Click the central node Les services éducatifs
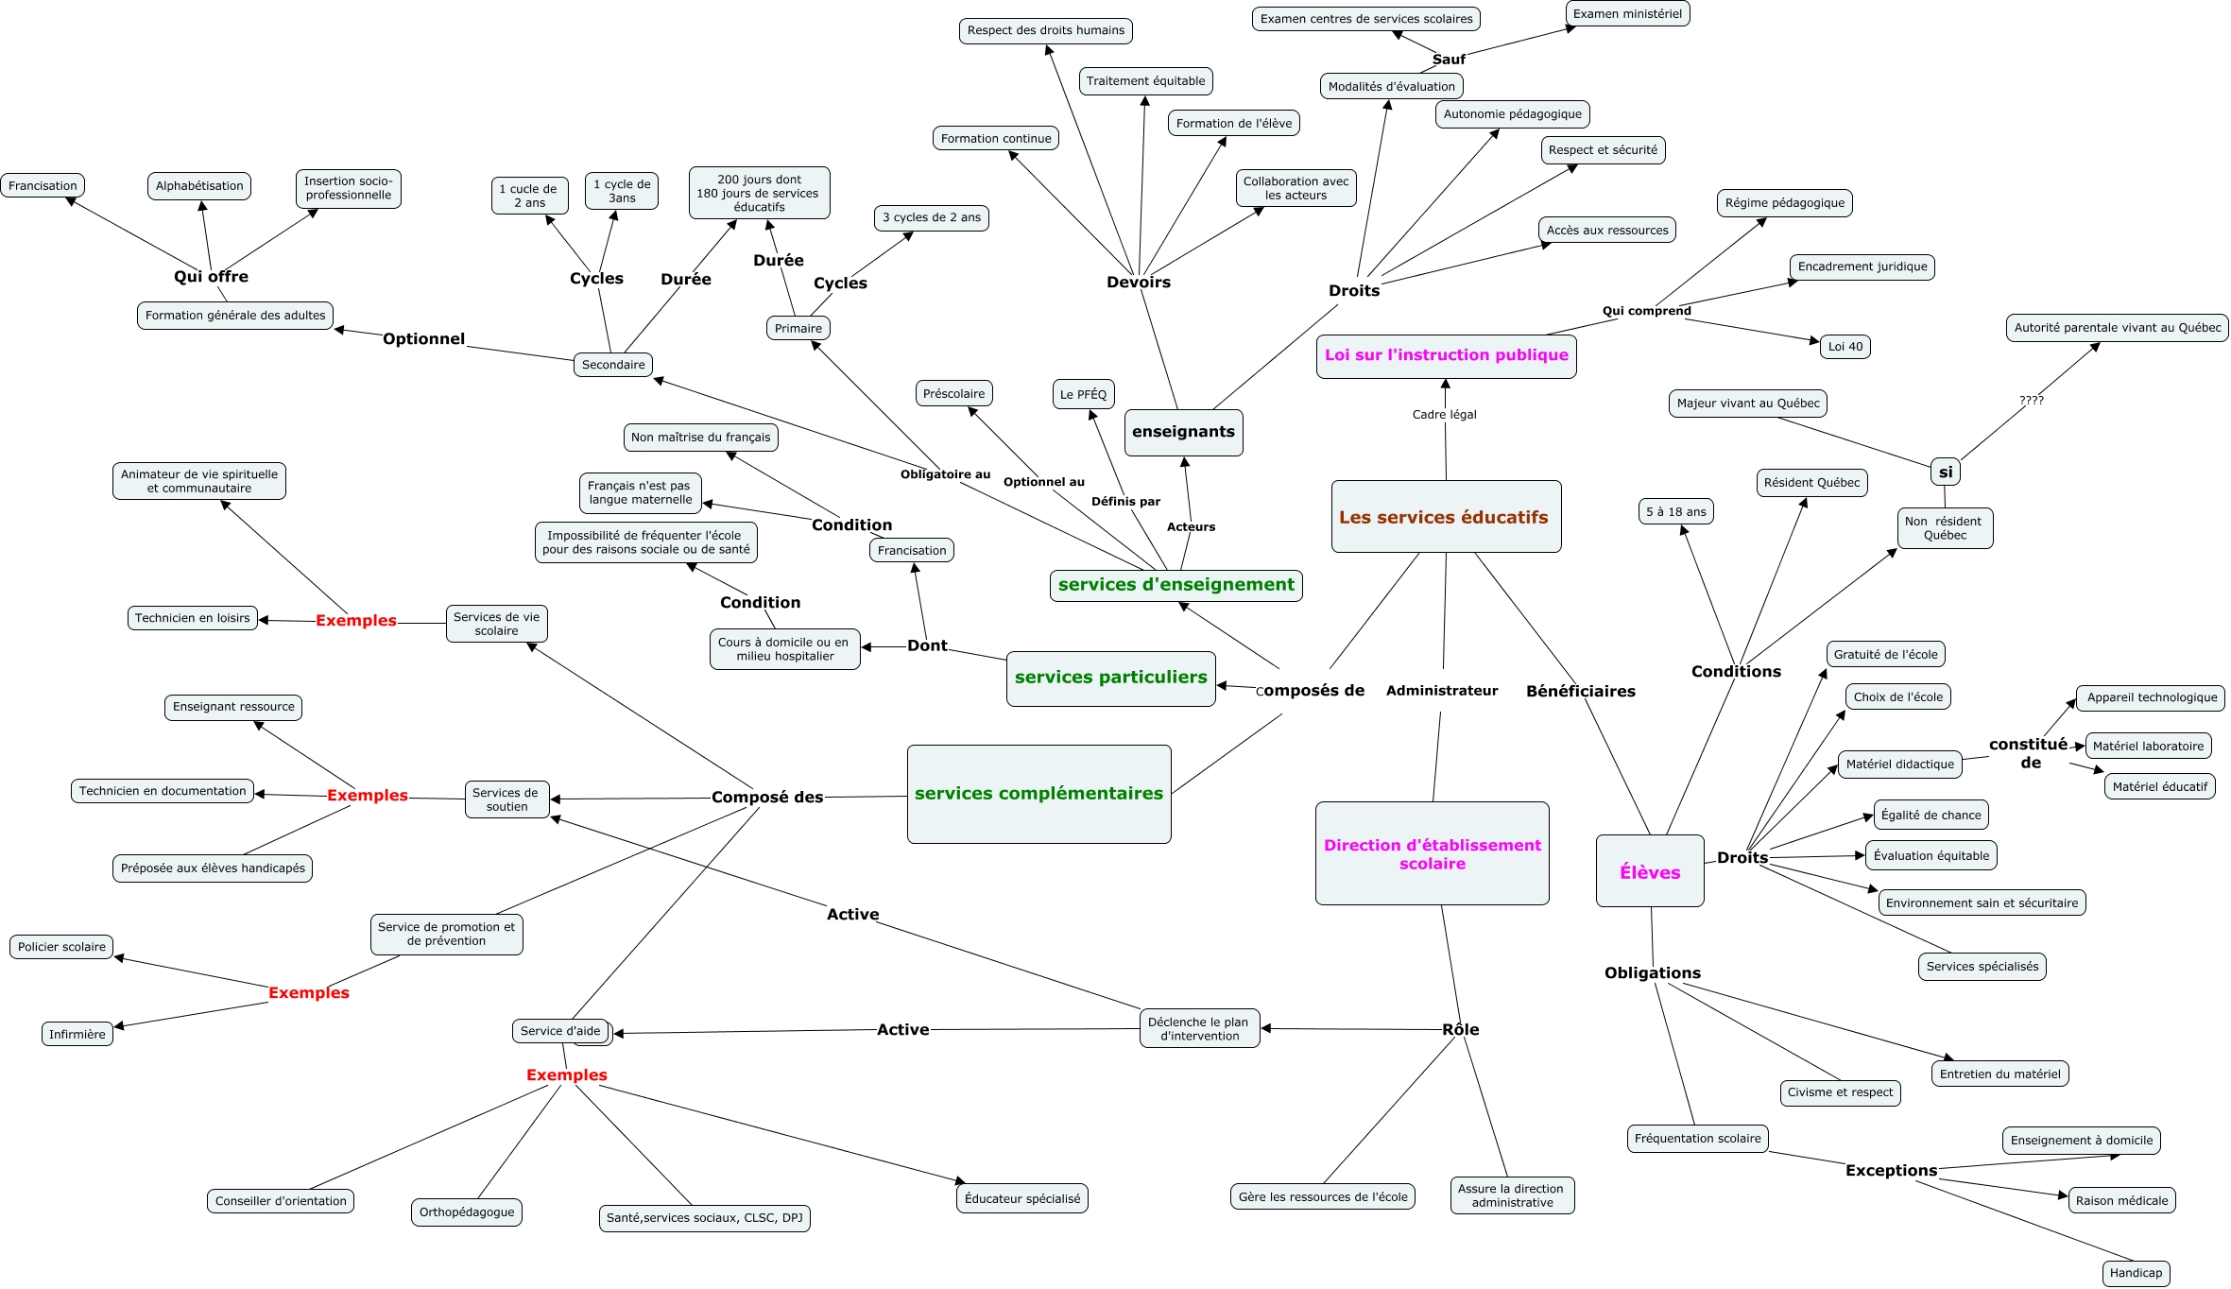coord(1445,517)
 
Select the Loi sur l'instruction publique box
coord(1446,355)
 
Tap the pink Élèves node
coord(1650,871)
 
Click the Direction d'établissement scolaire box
coord(1432,853)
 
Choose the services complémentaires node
coord(1038,794)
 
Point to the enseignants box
coord(1183,432)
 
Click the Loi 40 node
coord(1845,347)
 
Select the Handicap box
coord(2135,1273)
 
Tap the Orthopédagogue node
coord(467,1212)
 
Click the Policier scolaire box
coord(61,947)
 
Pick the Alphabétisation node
coord(199,186)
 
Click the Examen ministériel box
coord(1627,14)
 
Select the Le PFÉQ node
coord(1083,394)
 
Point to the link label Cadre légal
coord(1444,415)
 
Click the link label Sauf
coord(1449,60)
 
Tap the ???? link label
coord(2031,401)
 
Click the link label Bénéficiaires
coord(1580,691)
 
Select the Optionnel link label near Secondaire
coord(423,338)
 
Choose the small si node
coord(1945,473)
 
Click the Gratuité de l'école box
coord(1885,654)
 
